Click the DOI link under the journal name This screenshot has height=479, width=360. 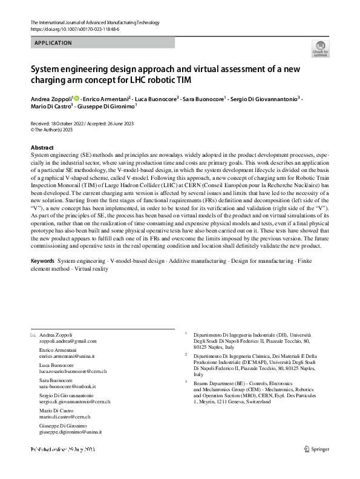point(74,29)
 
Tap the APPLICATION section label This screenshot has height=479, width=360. point(54,43)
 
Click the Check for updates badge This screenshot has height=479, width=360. point(320,50)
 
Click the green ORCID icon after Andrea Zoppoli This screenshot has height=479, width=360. point(77,97)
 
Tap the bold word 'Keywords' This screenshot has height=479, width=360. point(42,261)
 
